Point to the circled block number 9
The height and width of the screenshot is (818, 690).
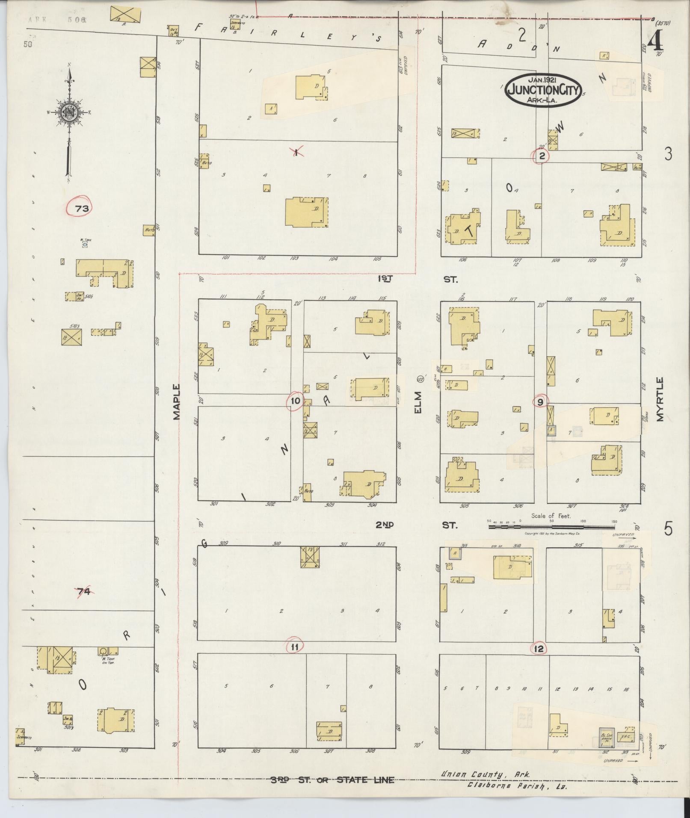[x=540, y=402]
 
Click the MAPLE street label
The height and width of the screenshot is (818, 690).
[x=177, y=402]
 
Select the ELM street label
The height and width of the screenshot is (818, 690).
[x=418, y=402]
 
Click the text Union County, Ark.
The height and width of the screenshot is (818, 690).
[x=486, y=774]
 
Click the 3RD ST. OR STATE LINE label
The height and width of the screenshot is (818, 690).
[x=332, y=780]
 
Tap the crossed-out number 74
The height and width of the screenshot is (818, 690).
[x=83, y=592]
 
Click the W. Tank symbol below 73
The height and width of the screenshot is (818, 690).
[x=84, y=245]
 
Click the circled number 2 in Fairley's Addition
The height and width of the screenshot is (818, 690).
[x=542, y=156]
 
